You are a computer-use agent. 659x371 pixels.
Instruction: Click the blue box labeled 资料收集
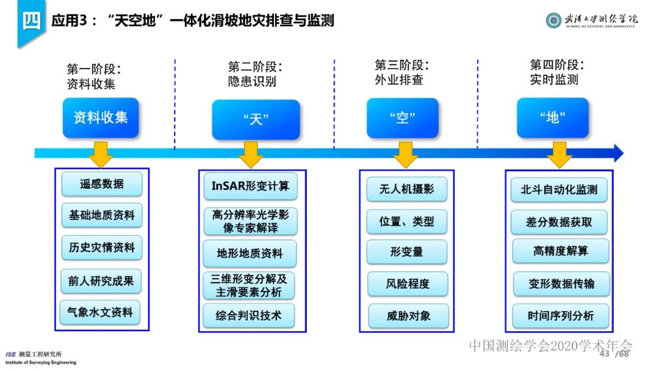point(101,117)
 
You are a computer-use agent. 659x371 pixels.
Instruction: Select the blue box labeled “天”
point(256,119)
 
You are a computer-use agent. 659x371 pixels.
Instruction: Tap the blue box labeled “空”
point(402,118)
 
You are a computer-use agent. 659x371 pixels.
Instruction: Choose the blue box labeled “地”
point(552,117)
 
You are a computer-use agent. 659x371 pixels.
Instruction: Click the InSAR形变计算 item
point(250,186)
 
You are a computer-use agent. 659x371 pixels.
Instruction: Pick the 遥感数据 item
point(101,183)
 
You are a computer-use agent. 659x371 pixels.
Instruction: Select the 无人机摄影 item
point(406,188)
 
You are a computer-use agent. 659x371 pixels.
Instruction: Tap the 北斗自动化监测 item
point(559,189)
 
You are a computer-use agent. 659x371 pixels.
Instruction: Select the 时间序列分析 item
point(560,316)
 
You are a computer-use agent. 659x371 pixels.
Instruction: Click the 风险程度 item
point(407,284)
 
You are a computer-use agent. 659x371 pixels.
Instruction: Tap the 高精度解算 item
point(560,251)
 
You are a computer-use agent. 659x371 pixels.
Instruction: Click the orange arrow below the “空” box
point(405,155)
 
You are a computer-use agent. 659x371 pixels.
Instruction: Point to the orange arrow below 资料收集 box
point(101,155)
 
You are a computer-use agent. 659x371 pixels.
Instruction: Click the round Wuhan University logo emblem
point(553,20)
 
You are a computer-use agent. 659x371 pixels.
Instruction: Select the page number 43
point(605,354)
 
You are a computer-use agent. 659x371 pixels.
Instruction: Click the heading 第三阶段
point(402,65)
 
